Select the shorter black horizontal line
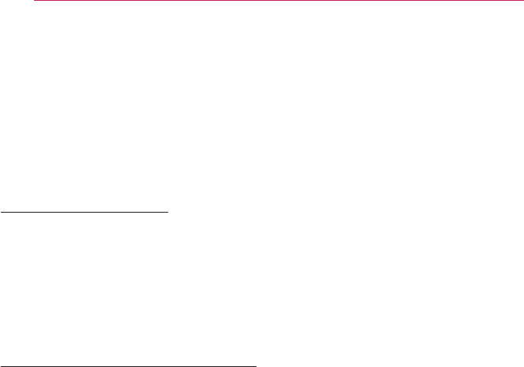click(84, 211)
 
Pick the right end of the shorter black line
click(169, 211)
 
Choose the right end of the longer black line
click(256, 365)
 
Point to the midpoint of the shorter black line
click(84, 211)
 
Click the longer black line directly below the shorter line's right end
click(169, 365)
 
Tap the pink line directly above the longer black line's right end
click(256, 1)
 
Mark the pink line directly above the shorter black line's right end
click(169, 1)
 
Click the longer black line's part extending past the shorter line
click(213, 365)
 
